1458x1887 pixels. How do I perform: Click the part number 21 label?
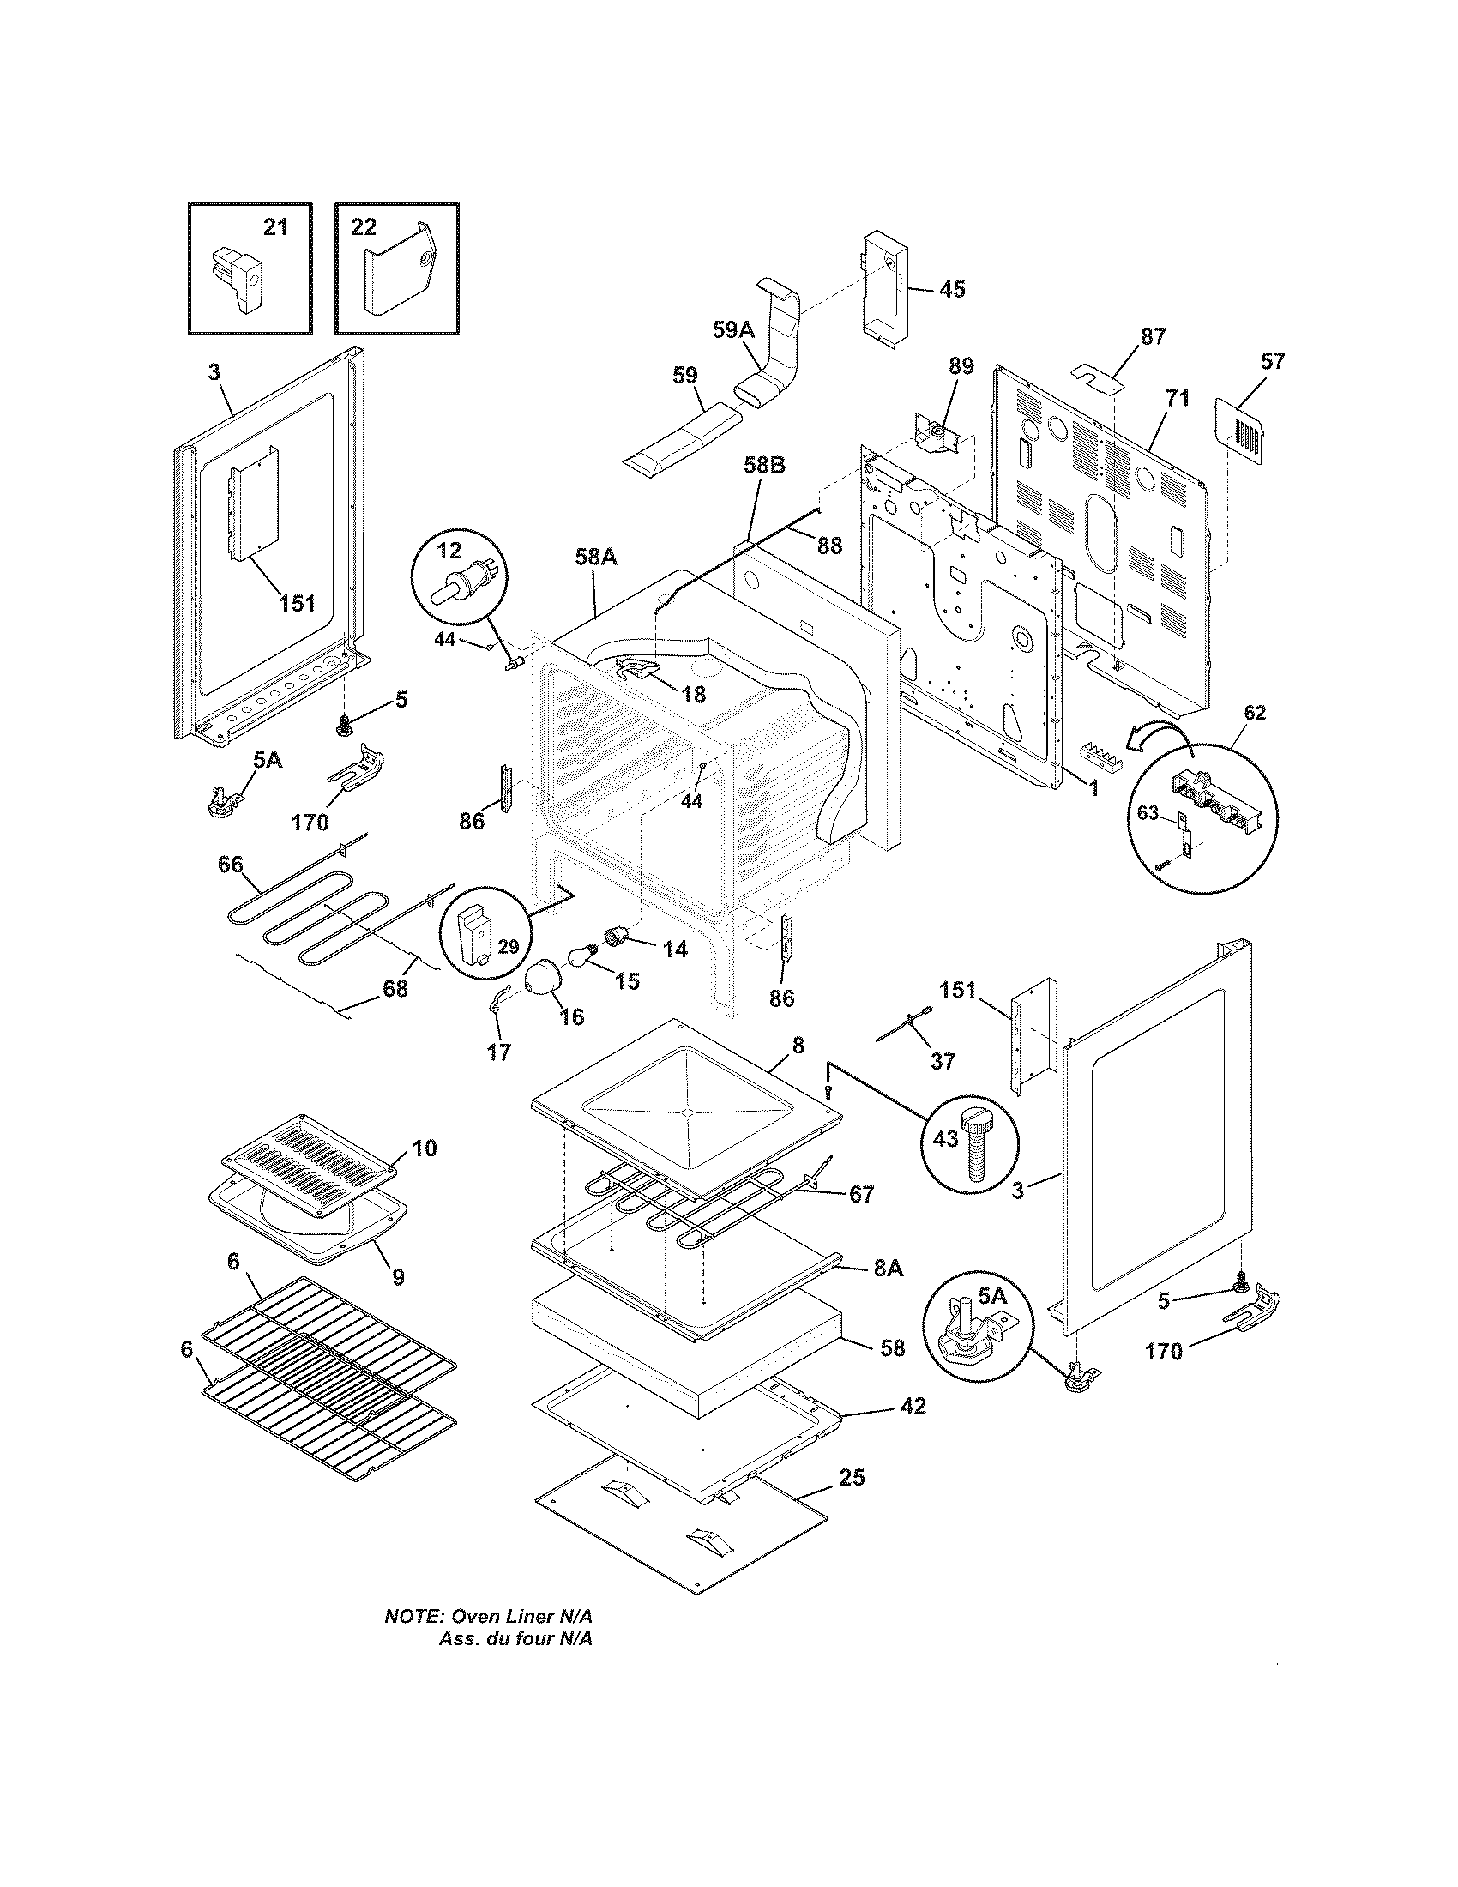[x=274, y=227]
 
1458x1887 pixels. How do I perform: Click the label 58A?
[x=596, y=558]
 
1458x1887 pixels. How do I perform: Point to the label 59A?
[x=733, y=330]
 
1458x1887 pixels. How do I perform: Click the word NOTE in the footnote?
[x=413, y=1616]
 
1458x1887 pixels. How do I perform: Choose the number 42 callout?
[x=913, y=1406]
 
